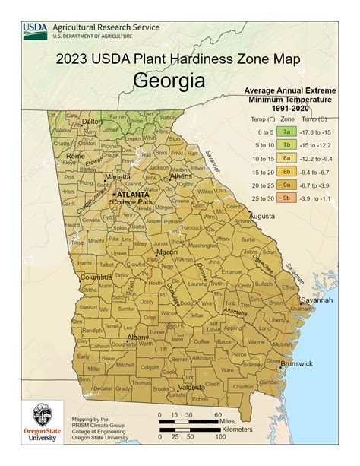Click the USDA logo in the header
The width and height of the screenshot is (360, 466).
point(35,30)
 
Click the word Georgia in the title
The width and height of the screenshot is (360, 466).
point(169,81)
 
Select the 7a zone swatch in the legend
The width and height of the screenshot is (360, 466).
point(287,132)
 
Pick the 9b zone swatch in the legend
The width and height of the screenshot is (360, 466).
point(287,197)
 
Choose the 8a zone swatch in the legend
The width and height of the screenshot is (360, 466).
point(287,158)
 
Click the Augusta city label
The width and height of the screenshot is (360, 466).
point(262,217)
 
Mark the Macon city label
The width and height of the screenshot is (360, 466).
point(167,252)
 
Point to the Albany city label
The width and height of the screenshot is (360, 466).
point(137,337)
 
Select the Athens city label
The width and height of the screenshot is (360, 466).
point(180,176)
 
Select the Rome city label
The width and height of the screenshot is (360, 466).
point(76,156)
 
